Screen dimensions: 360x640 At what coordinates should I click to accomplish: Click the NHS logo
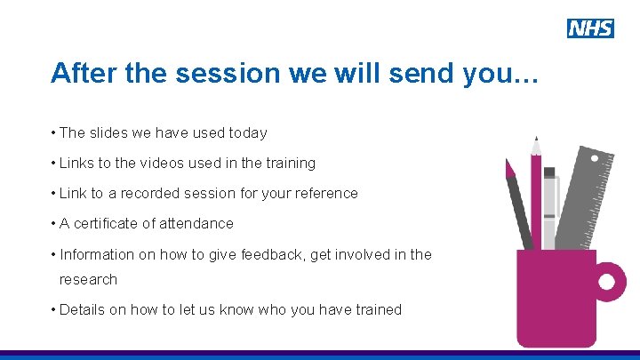click(590, 28)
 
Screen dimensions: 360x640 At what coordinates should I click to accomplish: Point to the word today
click(247, 133)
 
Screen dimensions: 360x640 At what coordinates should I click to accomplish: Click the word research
click(88, 280)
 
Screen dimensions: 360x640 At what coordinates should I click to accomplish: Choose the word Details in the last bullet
click(83, 310)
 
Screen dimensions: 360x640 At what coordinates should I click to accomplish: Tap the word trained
click(377, 310)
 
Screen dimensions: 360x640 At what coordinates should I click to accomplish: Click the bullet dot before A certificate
click(53, 224)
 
